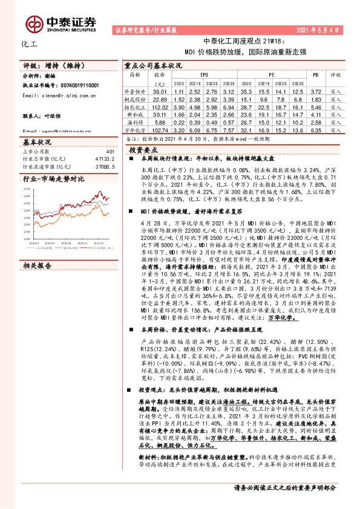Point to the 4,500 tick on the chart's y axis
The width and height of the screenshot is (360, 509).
coord(27,189)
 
